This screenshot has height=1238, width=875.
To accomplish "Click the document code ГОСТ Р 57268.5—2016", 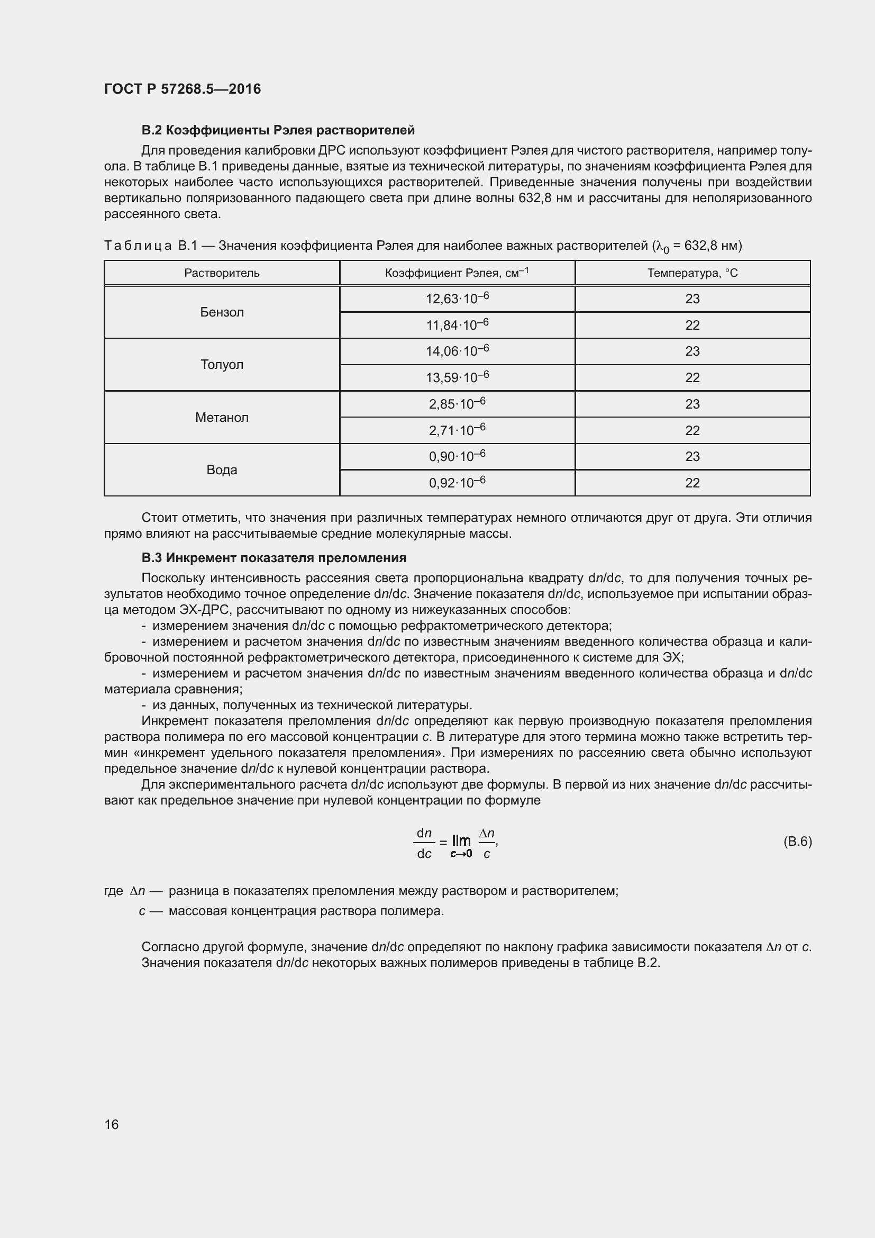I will click(182, 89).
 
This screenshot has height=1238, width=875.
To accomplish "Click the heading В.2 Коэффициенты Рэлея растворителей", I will click(278, 130).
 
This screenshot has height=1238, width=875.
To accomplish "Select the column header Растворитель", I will click(222, 273).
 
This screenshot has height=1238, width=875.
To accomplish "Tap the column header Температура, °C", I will click(692, 273).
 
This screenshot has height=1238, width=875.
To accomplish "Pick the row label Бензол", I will click(222, 312).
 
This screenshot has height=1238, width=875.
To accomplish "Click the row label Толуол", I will click(222, 365).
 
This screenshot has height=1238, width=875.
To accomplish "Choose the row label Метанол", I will click(222, 417).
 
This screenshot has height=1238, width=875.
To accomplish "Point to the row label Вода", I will click(222, 469).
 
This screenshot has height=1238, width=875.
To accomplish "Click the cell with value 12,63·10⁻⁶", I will click(457, 299).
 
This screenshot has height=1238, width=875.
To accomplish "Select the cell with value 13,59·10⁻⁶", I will click(457, 377).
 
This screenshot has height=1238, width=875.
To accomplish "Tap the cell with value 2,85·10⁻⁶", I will click(457, 404).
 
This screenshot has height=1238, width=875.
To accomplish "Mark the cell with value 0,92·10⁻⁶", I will click(457, 483).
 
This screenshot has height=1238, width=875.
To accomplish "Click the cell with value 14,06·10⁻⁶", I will click(457, 351).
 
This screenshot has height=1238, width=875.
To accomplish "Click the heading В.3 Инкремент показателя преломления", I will click(274, 557).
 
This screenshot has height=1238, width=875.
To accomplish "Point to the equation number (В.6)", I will click(797, 841).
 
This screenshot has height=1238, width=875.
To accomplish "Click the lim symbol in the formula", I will click(461, 840).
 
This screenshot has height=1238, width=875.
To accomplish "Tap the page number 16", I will click(112, 1124).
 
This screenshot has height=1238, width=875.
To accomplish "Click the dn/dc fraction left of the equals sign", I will click(425, 843).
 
